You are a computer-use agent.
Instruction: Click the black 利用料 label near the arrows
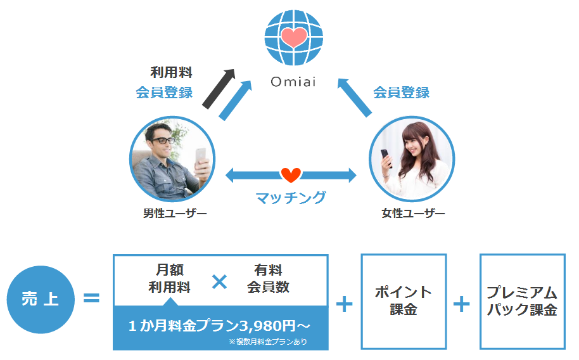(x=171, y=72)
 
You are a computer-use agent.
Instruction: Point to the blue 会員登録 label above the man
(x=164, y=93)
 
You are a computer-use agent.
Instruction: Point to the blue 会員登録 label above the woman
(x=401, y=93)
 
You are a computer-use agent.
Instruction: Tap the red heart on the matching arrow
(x=291, y=174)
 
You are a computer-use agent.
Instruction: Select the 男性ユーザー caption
(x=174, y=214)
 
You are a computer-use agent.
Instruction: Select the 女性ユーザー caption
(x=413, y=214)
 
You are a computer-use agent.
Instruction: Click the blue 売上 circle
(x=40, y=299)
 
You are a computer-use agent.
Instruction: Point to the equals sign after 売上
(x=92, y=298)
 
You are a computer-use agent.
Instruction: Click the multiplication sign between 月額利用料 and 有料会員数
(x=219, y=281)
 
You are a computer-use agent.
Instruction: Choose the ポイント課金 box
(x=404, y=301)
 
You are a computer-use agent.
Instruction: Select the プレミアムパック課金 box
(x=522, y=301)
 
